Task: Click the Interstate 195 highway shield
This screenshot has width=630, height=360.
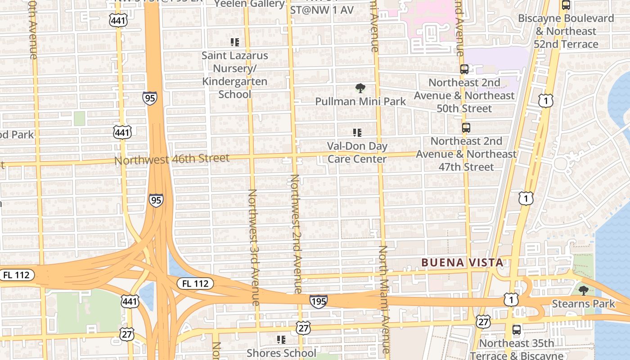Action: (318, 301)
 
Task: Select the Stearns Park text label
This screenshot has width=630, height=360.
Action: (583, 304)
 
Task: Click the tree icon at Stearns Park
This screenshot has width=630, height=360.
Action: (584, 290)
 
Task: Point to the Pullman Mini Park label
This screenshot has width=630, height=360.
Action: (360, 101)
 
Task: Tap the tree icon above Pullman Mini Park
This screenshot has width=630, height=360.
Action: (360, 88)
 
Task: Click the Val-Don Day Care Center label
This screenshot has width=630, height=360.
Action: (357, 153)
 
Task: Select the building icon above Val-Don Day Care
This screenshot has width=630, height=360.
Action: (357, 133)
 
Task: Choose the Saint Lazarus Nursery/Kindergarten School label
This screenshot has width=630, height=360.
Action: (234, 75)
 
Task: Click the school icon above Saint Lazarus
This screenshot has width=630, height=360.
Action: (234, 42)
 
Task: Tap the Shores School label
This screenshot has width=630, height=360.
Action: (281, 353)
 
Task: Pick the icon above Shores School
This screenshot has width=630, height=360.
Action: (281, 339)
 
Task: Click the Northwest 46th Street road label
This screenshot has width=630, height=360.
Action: (172, 159)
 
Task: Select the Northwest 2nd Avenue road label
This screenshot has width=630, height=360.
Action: (295, 234)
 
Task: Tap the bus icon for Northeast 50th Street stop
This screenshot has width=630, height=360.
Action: (464, 69)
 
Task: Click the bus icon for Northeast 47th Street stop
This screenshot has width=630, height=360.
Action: (466, 128)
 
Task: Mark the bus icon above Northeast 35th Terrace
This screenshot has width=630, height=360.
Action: (517, 330)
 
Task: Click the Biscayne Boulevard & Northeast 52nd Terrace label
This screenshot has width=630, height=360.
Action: (566, 31)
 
